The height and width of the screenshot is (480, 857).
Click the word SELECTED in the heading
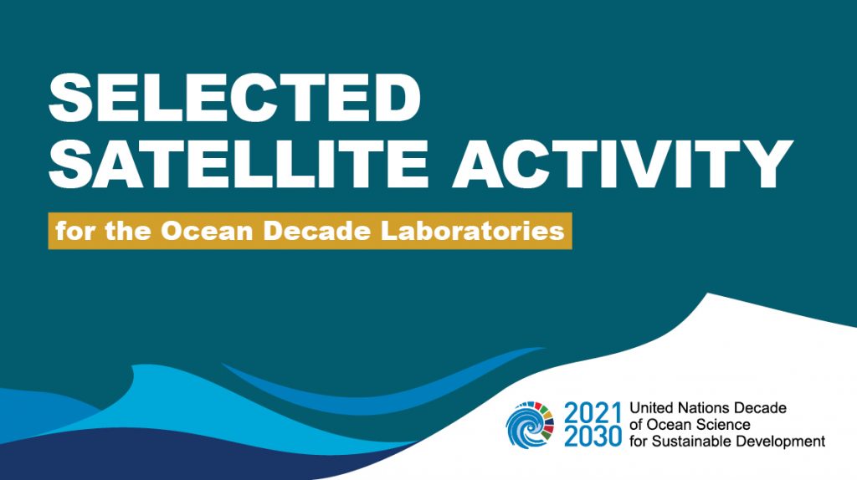(234, 99)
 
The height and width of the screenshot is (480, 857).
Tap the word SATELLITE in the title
(239, 164)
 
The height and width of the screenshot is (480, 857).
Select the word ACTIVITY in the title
(623, 164)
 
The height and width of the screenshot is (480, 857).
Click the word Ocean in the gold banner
(207, 231)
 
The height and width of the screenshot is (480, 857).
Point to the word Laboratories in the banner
(472, 231)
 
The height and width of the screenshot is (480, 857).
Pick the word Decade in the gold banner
(317, 231)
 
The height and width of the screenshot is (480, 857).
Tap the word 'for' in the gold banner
(74, 231)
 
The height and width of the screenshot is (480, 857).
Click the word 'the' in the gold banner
(127, 231)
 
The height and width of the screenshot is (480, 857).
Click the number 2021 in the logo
(593, 413)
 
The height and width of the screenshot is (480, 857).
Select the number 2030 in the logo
(593, 437)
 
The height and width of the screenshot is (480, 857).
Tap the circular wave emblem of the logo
(530, 425)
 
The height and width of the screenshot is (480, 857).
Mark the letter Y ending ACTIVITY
(767, 164)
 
